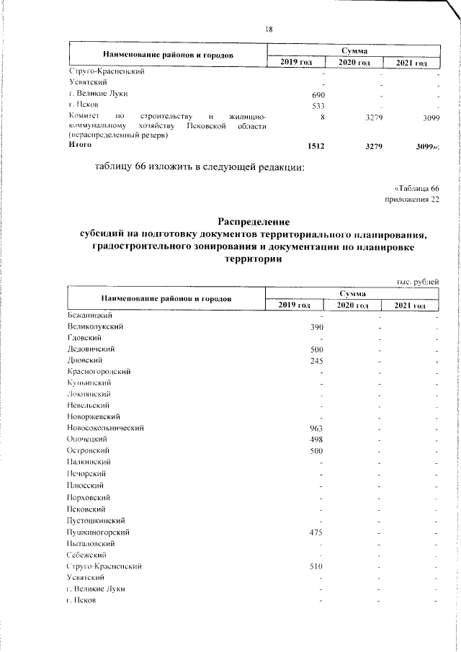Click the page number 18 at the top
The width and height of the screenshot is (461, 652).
269,29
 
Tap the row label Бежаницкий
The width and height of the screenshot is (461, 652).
90,316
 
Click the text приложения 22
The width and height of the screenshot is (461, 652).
413,200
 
